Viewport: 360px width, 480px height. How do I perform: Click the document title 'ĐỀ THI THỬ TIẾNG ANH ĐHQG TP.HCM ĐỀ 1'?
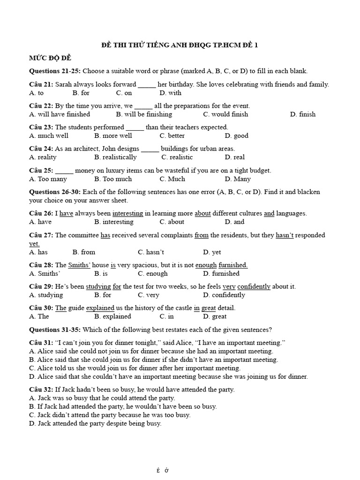(x=180, y=45)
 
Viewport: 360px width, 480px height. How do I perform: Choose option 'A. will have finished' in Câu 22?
(x=60, y=114)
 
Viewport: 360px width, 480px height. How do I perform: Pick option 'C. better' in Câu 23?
(x=172, y=135)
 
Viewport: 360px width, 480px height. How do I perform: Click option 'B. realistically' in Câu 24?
(x=115, y=157)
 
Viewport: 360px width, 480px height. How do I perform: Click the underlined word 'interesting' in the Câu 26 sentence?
(x=127, y=213)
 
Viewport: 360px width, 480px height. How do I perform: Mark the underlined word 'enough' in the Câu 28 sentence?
(x=206, y=265)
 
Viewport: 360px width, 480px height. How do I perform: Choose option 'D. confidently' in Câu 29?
(x=224, y=295)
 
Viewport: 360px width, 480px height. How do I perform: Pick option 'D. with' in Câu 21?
(x=170, y=93)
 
